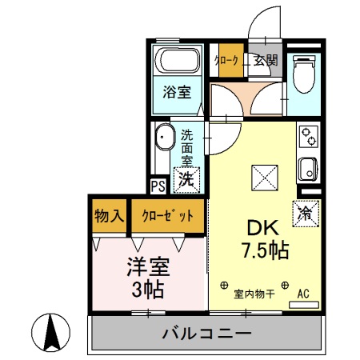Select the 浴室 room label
point(177,92)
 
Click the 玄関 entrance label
point(266,60)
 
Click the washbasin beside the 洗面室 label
point(164,138)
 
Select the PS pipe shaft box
point(158,186)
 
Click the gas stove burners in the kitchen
point(308,138)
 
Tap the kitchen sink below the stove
point(308,169)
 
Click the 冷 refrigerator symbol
point(306,214)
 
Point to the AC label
point(303,293)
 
